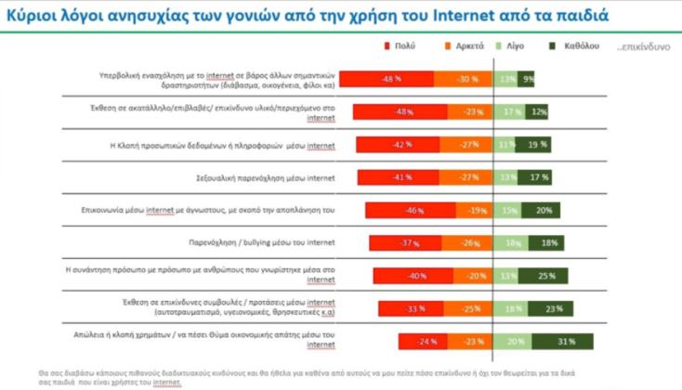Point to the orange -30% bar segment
point(463,80)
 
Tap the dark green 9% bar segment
point(527,80)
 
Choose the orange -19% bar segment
point(476,211)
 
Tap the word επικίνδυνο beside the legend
point(643,45)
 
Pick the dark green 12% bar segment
point(537,112)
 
